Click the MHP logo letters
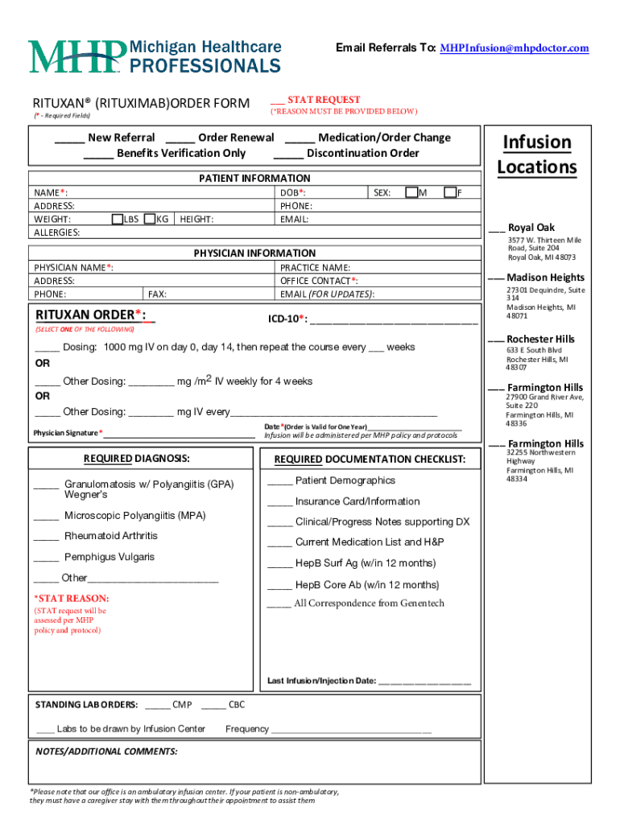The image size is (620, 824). click(x=77, y=56)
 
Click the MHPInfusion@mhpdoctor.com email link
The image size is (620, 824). click(x=514, y=48)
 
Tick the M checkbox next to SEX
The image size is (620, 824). click(x=411, y=192)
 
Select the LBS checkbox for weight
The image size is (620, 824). click(x=118, y=219)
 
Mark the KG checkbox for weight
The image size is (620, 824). click(x=149, y=219)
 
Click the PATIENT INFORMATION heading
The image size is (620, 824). click(x=254, y=178)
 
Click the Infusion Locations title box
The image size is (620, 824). click(x=537, y=154)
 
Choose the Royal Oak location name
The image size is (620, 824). click(x=531, y=228)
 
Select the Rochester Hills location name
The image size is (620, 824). click(x=540, y=339)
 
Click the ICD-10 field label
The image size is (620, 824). click(x=287, y=319)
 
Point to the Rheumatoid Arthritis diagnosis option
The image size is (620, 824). click(x=111, y=536)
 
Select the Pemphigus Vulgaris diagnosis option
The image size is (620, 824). click(x=110, y=557)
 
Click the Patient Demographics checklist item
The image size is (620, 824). click(x=345, y=480)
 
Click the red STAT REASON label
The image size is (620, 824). click(x=72, y=599)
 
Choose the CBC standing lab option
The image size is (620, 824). click(x=237, y=705)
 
